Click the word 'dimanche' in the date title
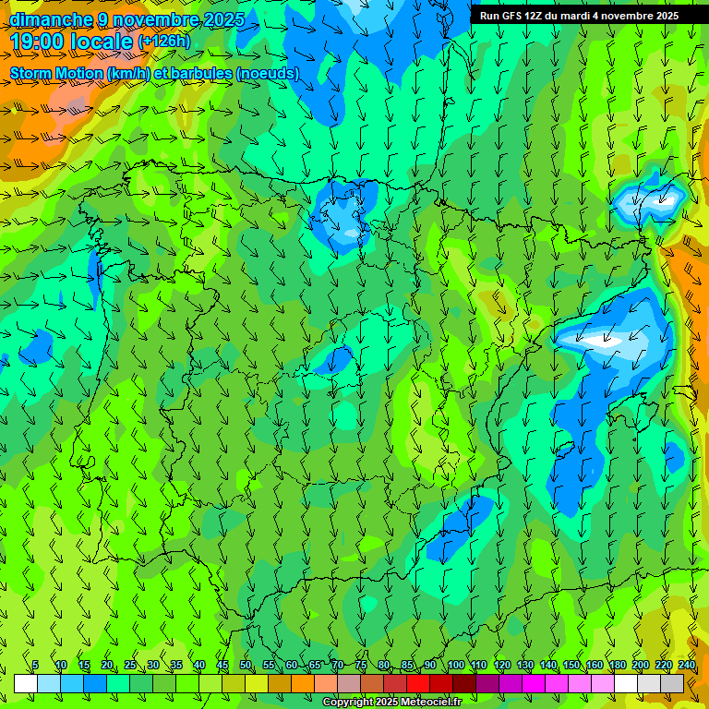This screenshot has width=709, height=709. pos(51,19)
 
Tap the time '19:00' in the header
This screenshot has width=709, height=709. pos(41,42)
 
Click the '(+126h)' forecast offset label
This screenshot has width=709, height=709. pos(163,42)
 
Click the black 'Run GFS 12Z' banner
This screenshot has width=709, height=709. pos(579,16)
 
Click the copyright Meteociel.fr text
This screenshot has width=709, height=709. pos(391,703)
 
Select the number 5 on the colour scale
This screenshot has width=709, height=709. pos(35,666)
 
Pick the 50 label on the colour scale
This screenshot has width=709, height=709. pos(246,666)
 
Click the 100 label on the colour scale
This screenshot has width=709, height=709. pos(455,666)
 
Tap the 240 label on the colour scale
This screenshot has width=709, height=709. pos(687,666)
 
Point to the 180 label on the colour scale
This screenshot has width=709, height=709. pos(618,666)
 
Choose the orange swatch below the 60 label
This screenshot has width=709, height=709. pos(303,684)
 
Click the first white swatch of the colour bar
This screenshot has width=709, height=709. pos(26,684)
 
